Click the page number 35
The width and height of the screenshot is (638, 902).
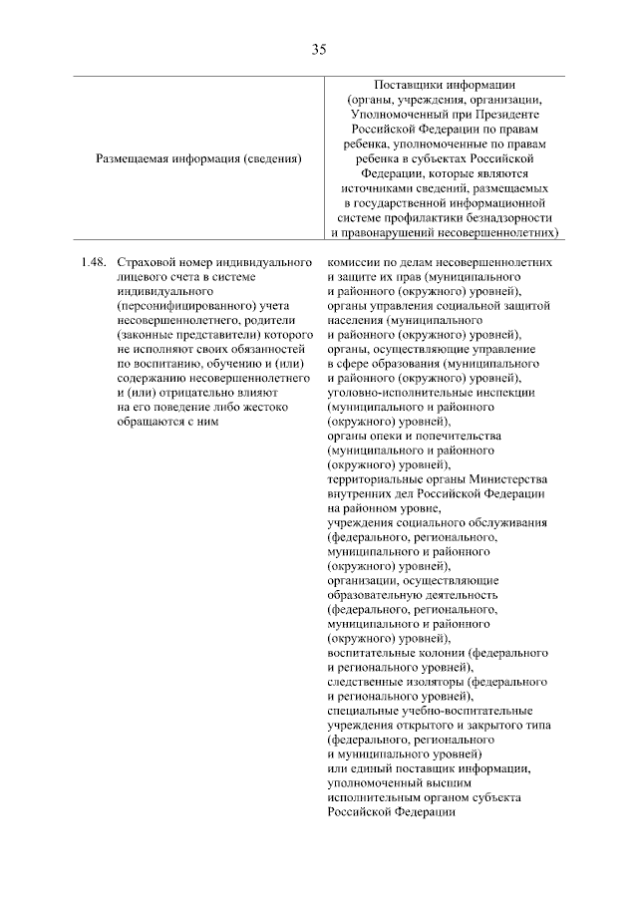pyautogui.click(x=319, y=49)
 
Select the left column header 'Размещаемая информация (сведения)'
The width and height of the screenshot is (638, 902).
pyautogui.click(x=197, y=157)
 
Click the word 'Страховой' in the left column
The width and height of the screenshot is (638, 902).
pyautogui.click(x=146, y=261)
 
